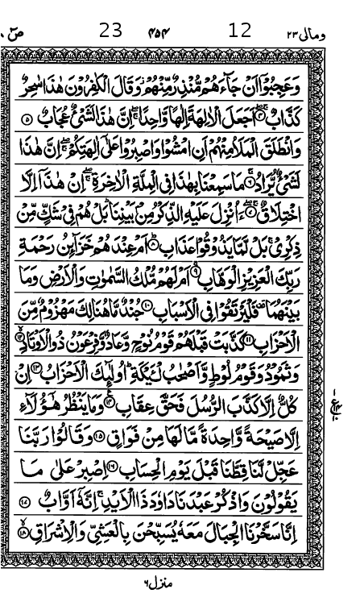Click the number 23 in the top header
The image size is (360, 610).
[110, 31]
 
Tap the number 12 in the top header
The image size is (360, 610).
[240, 31]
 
